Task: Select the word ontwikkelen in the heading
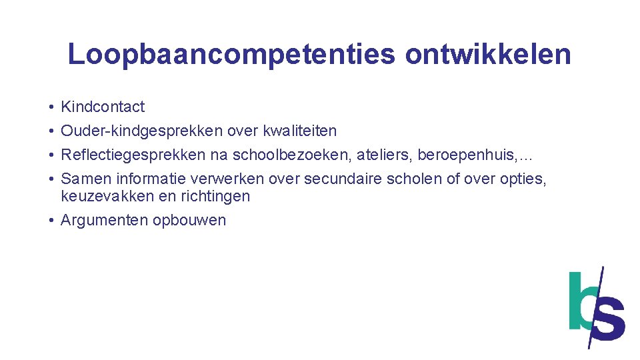pyautogui.click(x=488, y=55)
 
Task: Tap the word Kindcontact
pyautogui.click(x=103, y=107)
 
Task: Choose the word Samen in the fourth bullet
pyautogui.click(x=86, y=179)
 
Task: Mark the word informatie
pyautogui.click(x=151, y=179)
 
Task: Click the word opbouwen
pyautogui.click(x=189, y=220)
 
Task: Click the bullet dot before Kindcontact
pyautogui.click(x=51, y=107)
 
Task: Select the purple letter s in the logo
pyautogui.click(x=609, y=319)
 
